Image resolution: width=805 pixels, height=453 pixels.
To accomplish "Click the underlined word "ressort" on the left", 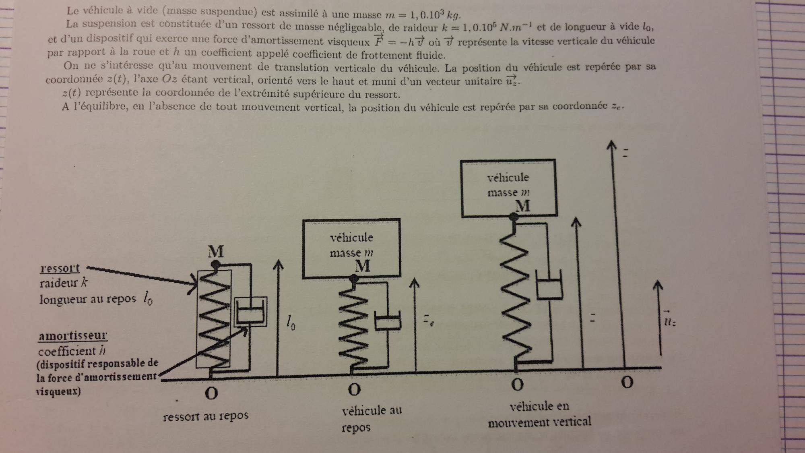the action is [x=60, y=268].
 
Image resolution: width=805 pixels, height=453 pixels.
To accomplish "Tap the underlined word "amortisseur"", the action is [x=73, y=335].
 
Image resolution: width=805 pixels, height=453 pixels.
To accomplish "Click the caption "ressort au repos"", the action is [x=206, y=416].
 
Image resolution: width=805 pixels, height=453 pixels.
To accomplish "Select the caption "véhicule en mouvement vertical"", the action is [x=539, y=414].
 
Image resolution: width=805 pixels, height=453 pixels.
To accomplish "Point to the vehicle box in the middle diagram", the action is [x=351, y=248].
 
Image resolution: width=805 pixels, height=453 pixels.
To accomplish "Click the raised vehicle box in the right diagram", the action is [x=508, y=188].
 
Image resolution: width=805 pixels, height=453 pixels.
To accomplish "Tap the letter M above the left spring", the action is [x=216, y=252].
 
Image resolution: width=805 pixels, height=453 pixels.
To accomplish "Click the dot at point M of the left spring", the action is [x=216, y=265].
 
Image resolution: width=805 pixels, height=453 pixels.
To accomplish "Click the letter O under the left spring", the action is [x=211, y=393].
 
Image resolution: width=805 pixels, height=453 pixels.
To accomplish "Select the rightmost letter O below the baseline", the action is [x=627, y=382].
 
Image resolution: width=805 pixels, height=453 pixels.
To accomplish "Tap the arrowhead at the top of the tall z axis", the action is [x=612, y=145].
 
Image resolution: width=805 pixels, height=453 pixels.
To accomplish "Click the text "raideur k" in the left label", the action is [x=64, y=283].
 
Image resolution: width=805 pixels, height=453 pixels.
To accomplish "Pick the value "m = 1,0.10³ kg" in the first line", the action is [x=423, y=15].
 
